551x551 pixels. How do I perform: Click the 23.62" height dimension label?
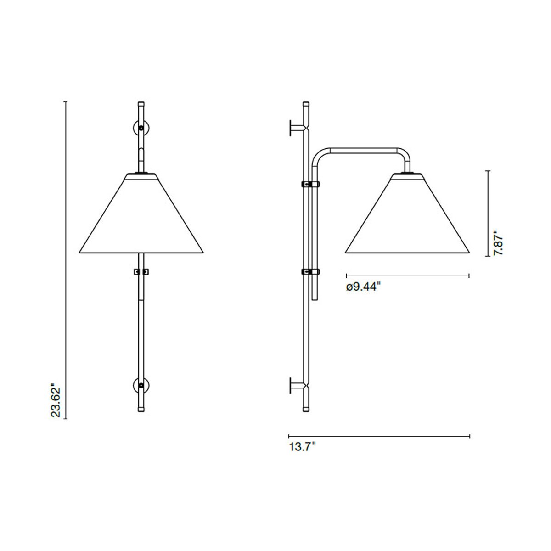pos(56,400)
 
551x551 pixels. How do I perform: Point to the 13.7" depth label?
pos(302,447)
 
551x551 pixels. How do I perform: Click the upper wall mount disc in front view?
pos(141,128)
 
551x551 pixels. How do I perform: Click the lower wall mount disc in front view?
pos(141,385)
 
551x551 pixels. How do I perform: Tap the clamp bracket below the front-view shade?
pos(141,272)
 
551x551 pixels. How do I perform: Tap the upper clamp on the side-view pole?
pos(310,184)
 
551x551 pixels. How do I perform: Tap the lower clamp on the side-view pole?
pos(310,272)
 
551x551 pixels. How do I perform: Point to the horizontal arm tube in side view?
pos(363,150)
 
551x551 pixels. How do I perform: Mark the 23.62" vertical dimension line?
pos(66,257)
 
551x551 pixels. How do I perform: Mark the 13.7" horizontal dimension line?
pos(379,436)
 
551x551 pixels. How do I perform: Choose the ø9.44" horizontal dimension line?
pos(407,275)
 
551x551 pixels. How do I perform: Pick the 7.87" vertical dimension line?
pos(488,213)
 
